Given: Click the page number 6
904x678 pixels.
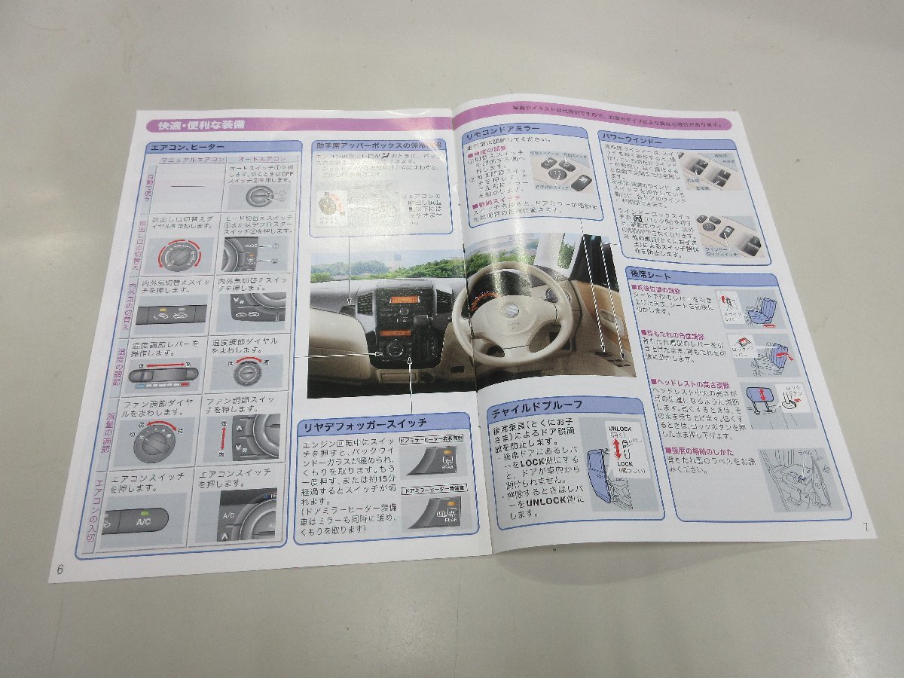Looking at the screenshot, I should [x=60, y=570].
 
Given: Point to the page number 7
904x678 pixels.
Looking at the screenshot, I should [x=866, y=527].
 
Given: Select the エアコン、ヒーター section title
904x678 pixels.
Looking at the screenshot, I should [x=182, y=147].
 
